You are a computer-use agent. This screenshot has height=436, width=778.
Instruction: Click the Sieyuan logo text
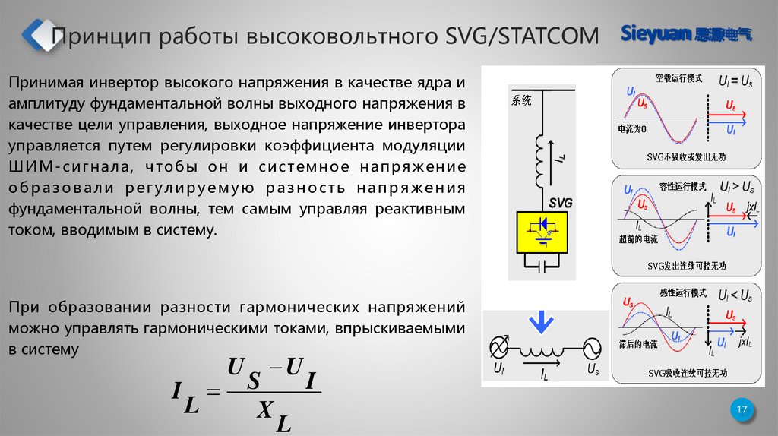[653, 33]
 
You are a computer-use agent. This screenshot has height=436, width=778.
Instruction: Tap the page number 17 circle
[742, 411]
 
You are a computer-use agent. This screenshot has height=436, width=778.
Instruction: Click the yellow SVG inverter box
[542, 232]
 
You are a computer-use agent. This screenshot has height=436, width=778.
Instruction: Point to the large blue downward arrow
[541, 322]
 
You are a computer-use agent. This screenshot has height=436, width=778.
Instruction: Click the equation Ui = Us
[735, 79]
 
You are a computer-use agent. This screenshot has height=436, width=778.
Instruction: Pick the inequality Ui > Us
[736, 185]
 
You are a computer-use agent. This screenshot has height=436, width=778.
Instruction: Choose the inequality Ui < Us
[735, 294]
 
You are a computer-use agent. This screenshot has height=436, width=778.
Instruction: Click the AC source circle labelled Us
[590, 347]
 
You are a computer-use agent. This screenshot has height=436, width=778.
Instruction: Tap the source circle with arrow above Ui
[498, 347]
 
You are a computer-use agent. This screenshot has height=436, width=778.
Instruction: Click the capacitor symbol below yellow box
[542, 266]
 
